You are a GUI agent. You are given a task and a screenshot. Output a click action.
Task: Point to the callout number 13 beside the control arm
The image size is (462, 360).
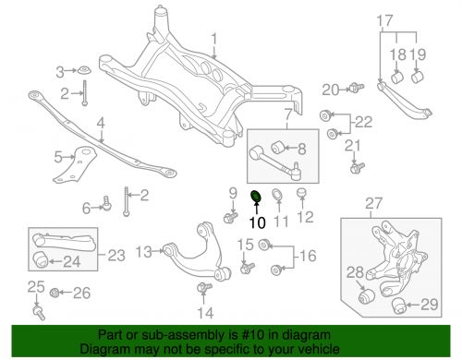click(140, 251)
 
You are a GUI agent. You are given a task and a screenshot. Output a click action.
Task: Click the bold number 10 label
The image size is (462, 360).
click(256, 222)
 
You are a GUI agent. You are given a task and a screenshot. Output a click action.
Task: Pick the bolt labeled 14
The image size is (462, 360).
click(201, 293)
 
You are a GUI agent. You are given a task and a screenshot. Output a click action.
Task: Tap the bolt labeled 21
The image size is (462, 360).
click(357, 168)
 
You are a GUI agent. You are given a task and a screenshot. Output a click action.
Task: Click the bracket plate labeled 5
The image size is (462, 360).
click(72, 165)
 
